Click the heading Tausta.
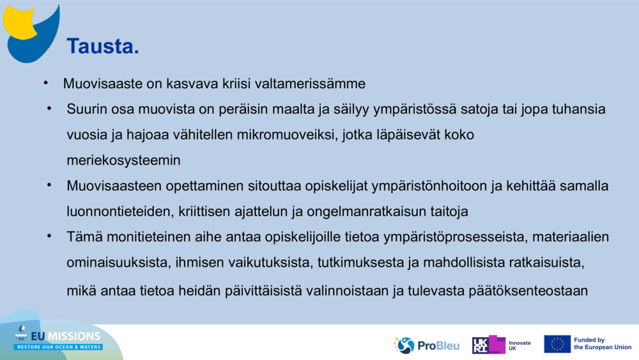(x=103, y=46)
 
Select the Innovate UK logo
(x=501, y=345)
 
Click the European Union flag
(x=557, y=344)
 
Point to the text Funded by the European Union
(x=603, y=344)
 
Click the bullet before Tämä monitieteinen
(x=48, y=236)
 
